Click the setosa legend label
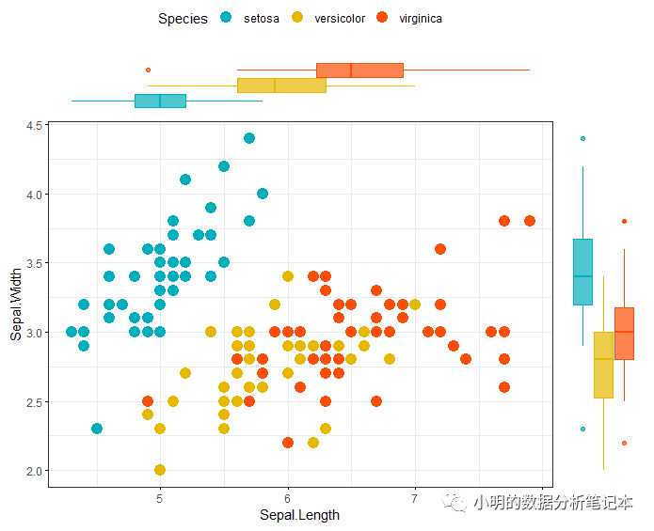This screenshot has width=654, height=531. click(261, 18)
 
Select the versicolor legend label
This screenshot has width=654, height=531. click(340, 18)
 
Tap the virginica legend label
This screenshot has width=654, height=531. click(421, 18)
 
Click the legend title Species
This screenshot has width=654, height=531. click(183, 18)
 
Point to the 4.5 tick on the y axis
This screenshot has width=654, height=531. click(37, 125)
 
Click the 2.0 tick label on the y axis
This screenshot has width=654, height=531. click(37, 471)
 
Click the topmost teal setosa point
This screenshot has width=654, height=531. click(249, 138)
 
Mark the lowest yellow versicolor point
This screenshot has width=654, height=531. click(160, 470)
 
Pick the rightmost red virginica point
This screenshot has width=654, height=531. click(530, 221)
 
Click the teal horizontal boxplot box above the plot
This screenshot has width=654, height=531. click(160, 101)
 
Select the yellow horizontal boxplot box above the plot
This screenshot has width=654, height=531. click(281, 86)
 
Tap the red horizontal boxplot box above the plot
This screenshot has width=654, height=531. click(359, 70)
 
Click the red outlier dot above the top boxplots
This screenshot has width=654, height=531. click(148, 70)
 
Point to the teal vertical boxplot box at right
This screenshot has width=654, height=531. click(583, 272)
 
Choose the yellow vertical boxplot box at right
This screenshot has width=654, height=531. click(603, 365)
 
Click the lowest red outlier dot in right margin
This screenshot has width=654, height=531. click(624, 443)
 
